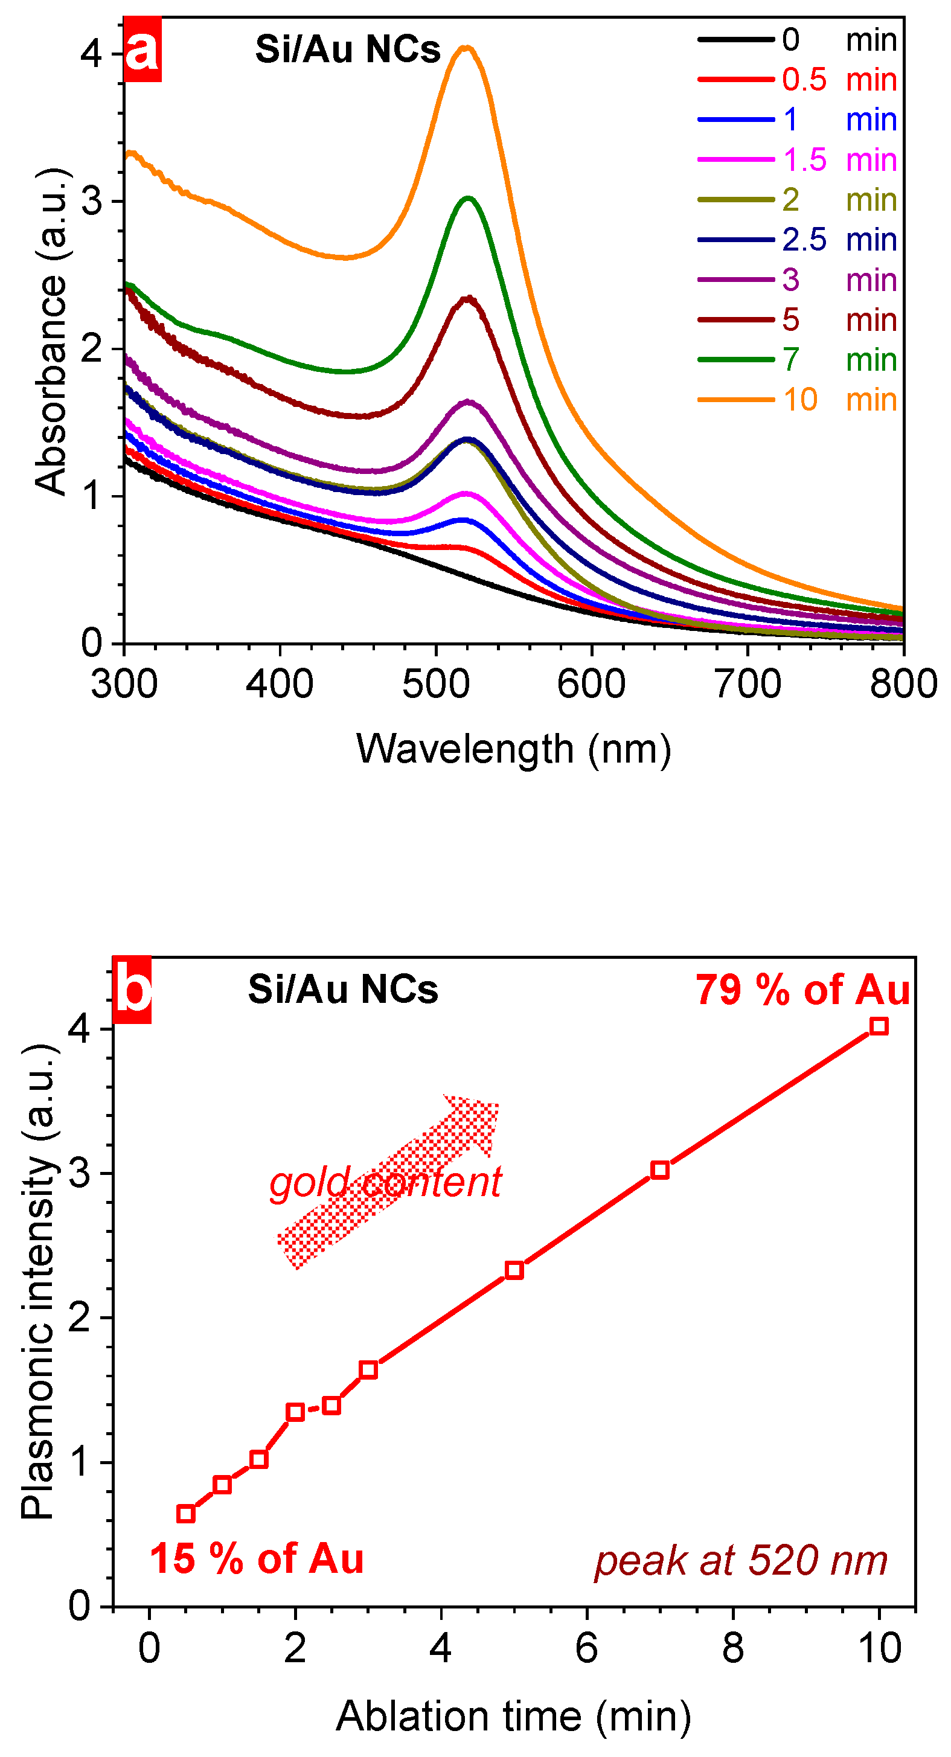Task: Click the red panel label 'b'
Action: point(132,990)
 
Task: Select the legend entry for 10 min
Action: point(796,400)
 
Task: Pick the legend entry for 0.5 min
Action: point(796,80)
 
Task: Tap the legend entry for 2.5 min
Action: point(796,240)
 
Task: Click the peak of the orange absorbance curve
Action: point(467,47)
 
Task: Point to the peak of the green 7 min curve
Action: point(469,198)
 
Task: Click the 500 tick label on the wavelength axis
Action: point(435,684)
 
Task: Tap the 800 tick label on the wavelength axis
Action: point(903,684)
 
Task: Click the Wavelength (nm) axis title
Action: point(513,749)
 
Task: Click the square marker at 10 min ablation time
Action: point(879,1026)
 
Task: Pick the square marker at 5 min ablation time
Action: point(514,1266)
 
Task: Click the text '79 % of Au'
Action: point(802,990)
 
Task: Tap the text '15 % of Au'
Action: point(257,1559)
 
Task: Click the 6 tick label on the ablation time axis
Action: point(587,1648)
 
